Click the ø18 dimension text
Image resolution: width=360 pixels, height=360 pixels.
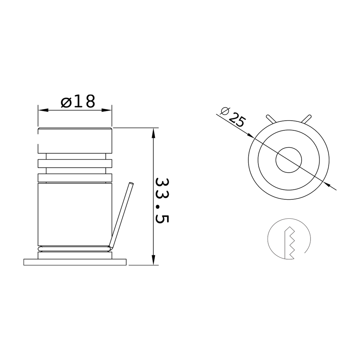78,101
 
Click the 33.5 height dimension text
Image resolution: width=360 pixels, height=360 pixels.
162,200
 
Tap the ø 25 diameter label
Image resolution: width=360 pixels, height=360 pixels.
233,117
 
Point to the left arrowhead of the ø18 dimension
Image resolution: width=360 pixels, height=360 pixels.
43,110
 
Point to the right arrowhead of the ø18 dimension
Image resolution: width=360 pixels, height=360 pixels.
107,110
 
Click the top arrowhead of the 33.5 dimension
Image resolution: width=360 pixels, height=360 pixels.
154,133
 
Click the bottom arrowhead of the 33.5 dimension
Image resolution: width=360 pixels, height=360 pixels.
154,260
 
